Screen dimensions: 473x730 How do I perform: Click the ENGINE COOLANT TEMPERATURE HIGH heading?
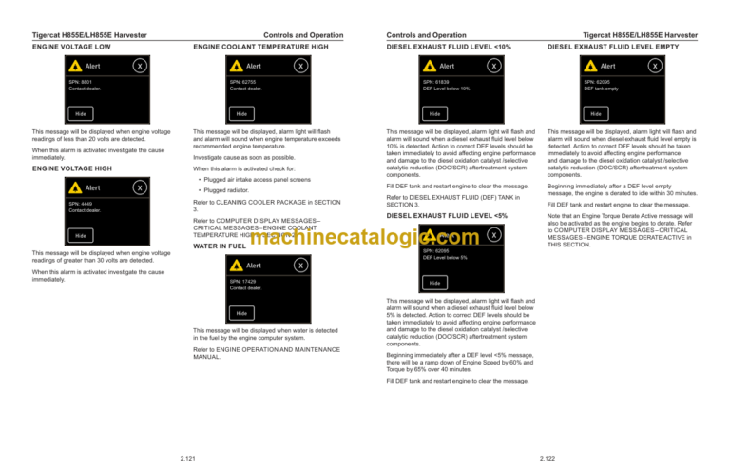click(260, 46)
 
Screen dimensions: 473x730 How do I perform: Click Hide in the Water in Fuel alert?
click(242, 313)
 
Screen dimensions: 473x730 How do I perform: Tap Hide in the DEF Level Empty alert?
click(596, 113)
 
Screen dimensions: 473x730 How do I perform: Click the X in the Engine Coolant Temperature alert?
click(300, 67)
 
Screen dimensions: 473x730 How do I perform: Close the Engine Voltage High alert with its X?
click(139, 188)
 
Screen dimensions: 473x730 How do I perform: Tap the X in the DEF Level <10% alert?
click(493, 67)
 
